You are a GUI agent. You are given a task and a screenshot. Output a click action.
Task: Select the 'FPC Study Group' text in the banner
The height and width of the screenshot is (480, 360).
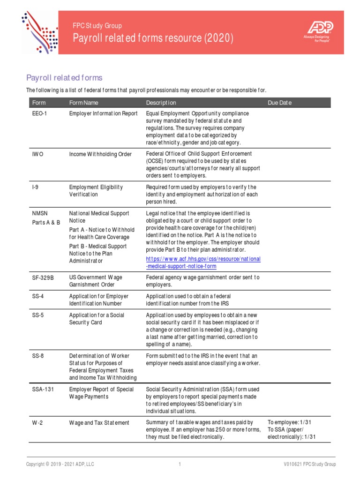97,26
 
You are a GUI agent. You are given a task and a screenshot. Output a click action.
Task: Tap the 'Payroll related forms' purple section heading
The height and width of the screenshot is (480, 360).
64,77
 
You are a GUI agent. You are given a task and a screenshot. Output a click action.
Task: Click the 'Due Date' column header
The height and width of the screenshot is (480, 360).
279,103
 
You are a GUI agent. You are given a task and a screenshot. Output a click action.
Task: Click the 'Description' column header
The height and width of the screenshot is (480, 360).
161,103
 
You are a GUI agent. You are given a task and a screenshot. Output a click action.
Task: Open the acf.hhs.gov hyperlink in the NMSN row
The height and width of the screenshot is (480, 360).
203,262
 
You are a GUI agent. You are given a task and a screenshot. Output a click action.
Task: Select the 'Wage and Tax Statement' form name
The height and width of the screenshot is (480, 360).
99,422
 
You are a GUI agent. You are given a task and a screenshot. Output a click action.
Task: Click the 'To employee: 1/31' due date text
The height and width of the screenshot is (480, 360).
289,422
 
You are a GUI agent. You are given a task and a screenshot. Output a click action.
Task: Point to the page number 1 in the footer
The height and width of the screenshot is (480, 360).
180,465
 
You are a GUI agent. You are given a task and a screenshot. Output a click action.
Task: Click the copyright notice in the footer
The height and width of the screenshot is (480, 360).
60,465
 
